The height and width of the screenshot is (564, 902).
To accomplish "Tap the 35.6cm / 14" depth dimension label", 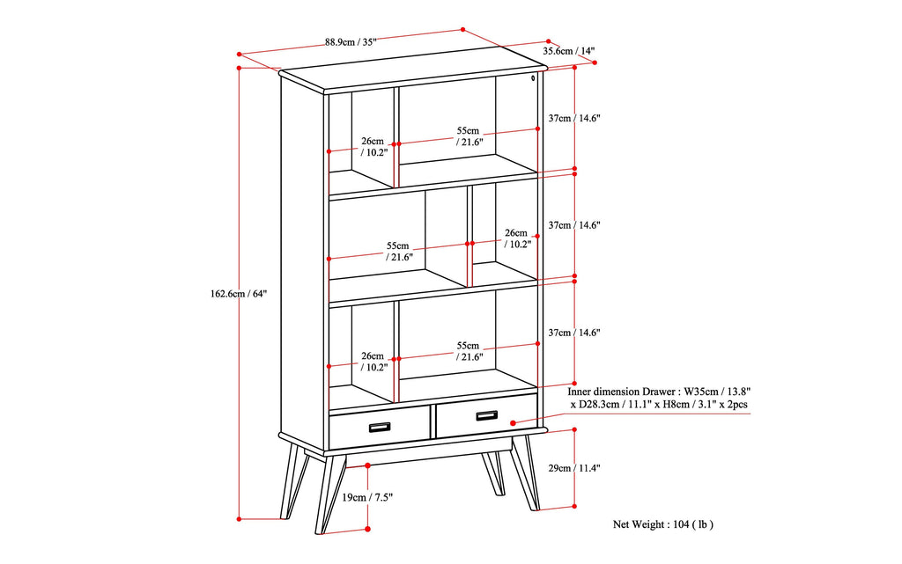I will coord(568,51).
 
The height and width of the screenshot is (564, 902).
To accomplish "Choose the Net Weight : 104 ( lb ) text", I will coord(662,524).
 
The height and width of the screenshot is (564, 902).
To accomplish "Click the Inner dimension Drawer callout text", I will coord(647,398).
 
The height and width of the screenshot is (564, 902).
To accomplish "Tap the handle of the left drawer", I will coord(380,427).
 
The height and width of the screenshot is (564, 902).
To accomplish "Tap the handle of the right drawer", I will coord(487,415).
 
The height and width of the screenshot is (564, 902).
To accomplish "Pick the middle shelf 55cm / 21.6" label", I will coord(397,251).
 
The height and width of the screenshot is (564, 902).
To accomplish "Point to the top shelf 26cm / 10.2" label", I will coord(373,146).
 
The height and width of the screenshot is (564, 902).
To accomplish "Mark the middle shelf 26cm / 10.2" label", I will coord(517,238).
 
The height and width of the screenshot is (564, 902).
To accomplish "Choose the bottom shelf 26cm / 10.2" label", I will coord(373,362).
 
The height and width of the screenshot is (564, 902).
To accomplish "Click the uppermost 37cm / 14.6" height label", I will coord(573,118).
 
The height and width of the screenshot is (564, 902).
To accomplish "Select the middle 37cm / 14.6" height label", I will coord(573,225).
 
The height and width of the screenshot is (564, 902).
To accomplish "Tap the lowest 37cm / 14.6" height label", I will coord(573,333).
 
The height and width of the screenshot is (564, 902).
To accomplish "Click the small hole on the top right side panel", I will coord(534,78).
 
